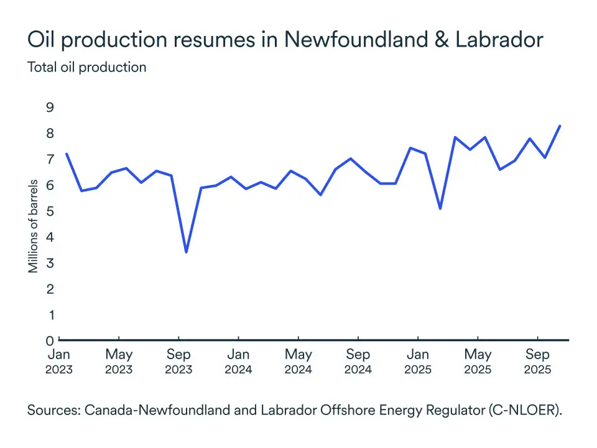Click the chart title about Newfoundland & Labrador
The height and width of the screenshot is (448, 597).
285,40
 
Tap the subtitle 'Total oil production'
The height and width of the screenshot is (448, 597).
86,67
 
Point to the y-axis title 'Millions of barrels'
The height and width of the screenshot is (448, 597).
34,226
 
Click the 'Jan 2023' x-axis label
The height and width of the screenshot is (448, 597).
59,362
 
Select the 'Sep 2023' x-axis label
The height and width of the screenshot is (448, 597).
178,362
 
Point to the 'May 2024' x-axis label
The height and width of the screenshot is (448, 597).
298,362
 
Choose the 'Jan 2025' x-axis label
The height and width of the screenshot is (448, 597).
418,362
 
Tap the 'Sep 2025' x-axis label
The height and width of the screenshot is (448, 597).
537,362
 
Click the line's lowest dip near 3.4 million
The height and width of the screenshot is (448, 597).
186,252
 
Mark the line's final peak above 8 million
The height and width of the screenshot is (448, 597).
560,126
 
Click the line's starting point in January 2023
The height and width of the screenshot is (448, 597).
66,153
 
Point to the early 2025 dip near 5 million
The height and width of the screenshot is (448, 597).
440,208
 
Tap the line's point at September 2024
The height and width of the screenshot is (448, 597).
351,158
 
